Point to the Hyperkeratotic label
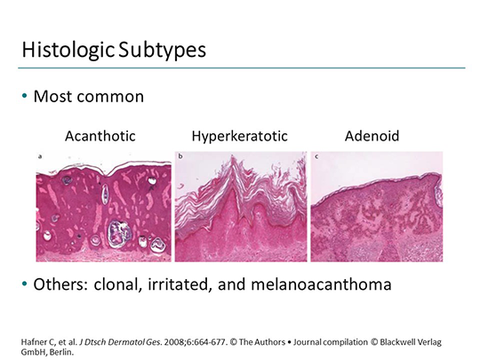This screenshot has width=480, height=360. (233, 138)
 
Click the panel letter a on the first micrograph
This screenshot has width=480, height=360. (40, 156)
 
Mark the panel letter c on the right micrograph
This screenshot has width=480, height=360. (317, 156)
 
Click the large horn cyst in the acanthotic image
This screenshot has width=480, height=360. (117, 235)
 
